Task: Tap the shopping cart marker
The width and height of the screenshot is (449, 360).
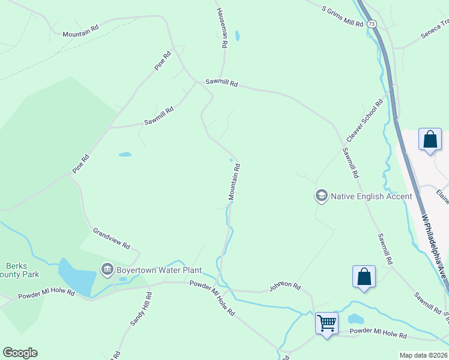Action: coord(327,323)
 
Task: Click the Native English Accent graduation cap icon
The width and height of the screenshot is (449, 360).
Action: coord(321,196)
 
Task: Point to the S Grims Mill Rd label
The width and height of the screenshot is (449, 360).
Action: coord(343,17)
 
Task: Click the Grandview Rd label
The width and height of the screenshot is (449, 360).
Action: coord(111,238)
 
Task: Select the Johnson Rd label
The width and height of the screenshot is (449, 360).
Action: coord(285,286)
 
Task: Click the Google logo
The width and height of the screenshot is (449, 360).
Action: coord(20,353)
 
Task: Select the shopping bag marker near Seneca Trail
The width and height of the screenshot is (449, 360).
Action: coord(430,140)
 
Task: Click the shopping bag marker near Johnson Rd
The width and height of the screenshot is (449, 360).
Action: coord(364,277)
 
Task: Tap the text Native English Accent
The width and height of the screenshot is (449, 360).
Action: coord(372,196)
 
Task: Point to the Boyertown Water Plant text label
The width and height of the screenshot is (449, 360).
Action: coord(159,270)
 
